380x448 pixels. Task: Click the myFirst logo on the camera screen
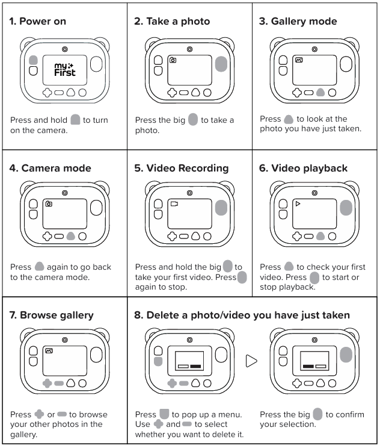point(65,69)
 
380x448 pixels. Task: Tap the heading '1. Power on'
point(38,21)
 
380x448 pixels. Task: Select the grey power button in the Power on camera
point(34,60)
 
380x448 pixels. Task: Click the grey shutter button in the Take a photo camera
point(221,64)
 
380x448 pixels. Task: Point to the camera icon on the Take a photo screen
point(173,60)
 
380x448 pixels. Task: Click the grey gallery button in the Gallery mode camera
point(320,92)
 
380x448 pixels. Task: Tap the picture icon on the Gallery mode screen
point(299,60)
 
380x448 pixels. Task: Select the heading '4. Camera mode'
point(51,168)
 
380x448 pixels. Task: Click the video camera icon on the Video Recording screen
point(174,204)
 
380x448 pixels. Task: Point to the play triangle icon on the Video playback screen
point(298,204)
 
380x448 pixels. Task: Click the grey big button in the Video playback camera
point(346,207)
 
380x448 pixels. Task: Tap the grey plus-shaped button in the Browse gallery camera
point(47,383)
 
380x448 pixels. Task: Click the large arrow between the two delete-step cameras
point(251,361)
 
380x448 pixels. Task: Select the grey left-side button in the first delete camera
point(158,361)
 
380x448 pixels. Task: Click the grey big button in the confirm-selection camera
point(346,355)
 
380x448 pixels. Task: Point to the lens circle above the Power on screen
point(65,49)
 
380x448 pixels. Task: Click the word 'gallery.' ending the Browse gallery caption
point(23,435)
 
